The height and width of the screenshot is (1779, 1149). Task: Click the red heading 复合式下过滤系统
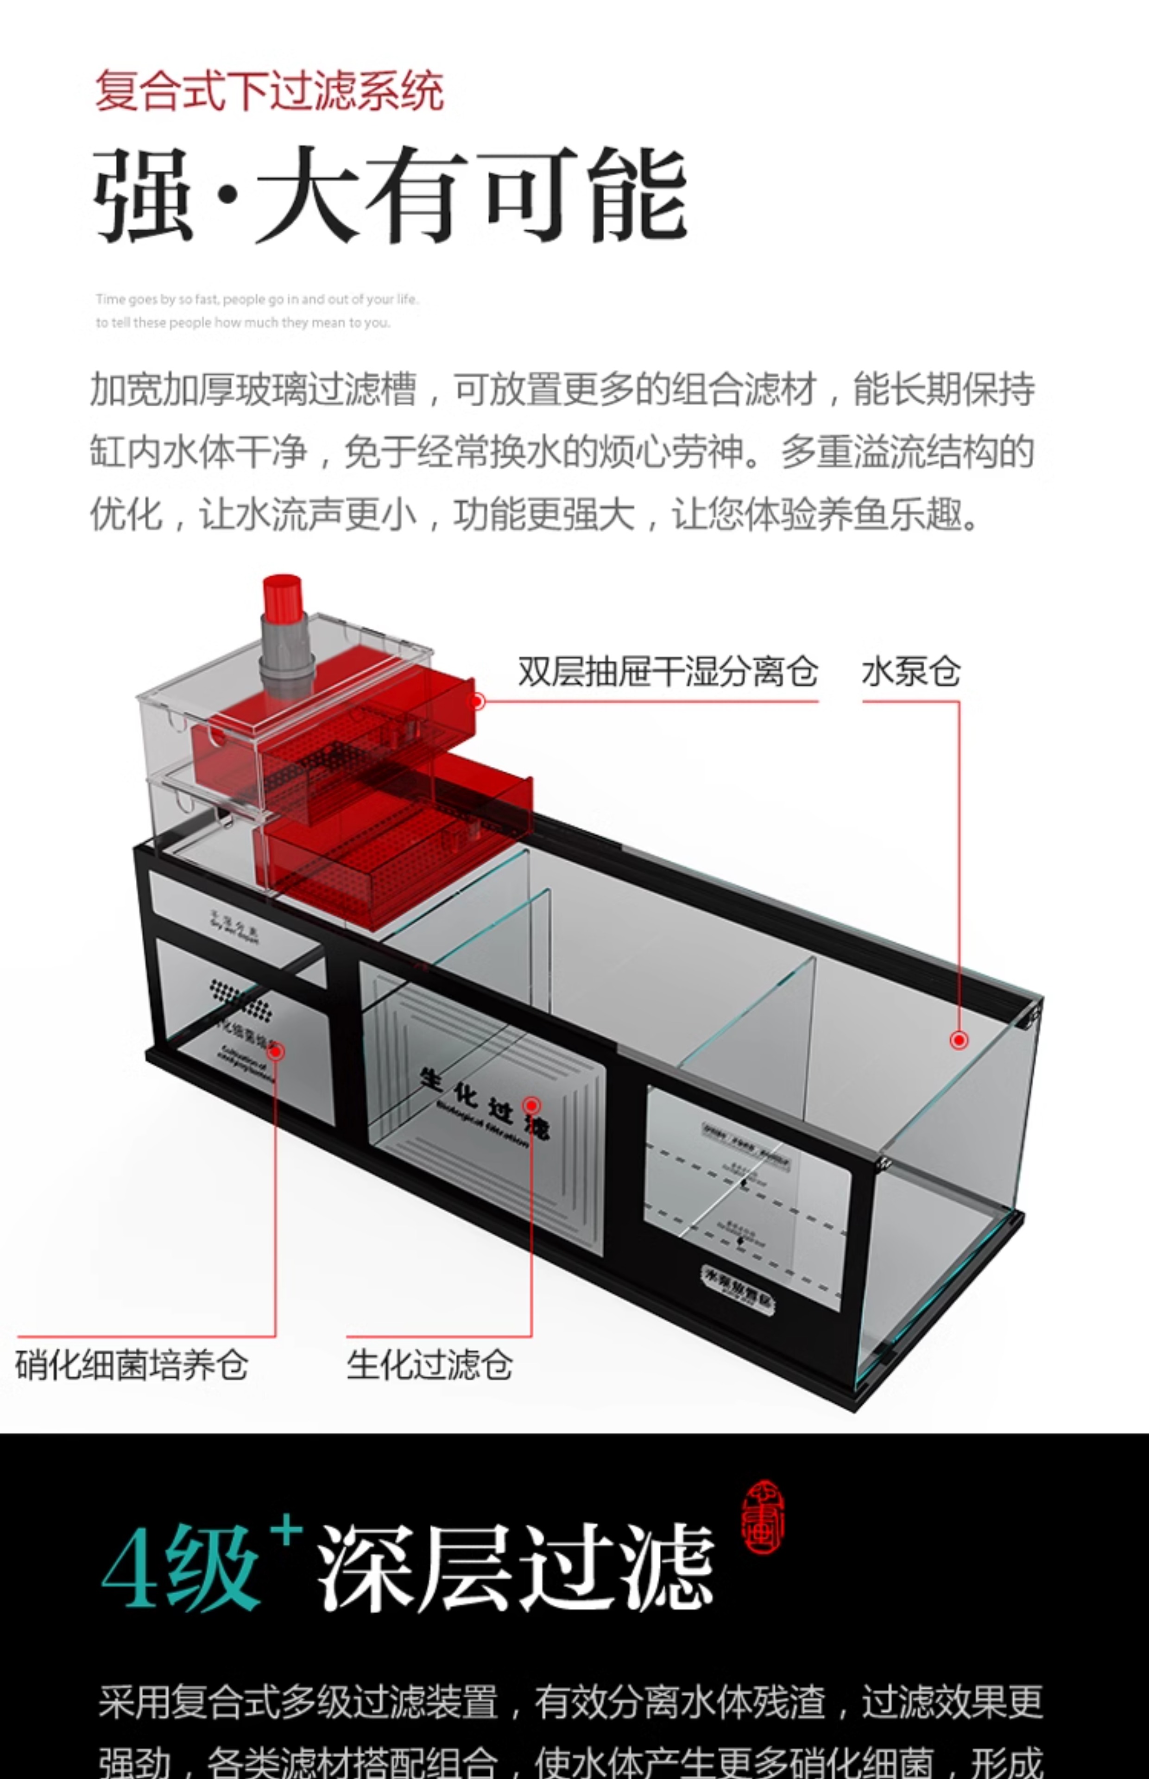click(x=269, y=91)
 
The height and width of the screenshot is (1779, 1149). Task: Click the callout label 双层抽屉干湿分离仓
click(x=668, y=671)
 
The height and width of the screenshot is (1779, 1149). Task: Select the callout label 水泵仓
click(x=910, y=671)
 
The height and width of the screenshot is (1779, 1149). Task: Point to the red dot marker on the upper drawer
click(x=478, y=701)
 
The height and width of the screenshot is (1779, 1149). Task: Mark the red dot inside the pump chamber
click(x=959, y=1040)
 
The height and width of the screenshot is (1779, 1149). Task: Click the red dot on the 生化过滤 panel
click(x=531, y=1105)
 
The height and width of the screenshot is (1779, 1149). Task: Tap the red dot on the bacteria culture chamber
click(x=275, y=1051)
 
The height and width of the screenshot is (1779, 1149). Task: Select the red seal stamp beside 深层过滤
click(x=763, y=1518)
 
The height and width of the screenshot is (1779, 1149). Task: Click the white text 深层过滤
click(x=515, y=1566)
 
